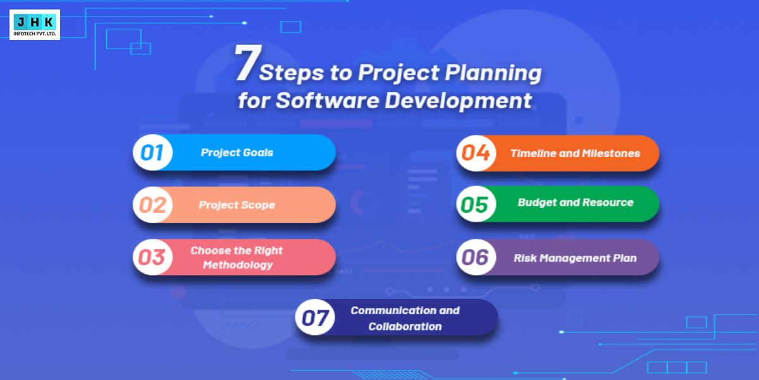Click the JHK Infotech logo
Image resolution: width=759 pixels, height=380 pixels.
coord(35,25)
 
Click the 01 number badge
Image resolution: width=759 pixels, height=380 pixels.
coord(152,153)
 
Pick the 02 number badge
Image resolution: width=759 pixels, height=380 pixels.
coord(152,205)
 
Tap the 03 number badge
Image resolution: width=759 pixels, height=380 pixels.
coord(152,258)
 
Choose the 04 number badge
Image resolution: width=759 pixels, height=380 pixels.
coord(476,153)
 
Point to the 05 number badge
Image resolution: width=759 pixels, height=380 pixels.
coord(476,205)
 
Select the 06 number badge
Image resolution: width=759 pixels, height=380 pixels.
coord(476,257)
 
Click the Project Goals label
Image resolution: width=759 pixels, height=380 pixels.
coord(237,153)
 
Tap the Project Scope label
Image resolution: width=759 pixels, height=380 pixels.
coord(237,205)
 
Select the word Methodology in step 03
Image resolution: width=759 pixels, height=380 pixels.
coord(237,265)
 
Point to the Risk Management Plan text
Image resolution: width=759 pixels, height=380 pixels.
coord(575,258)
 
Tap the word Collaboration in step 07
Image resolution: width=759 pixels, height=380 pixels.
coord(405,327)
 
